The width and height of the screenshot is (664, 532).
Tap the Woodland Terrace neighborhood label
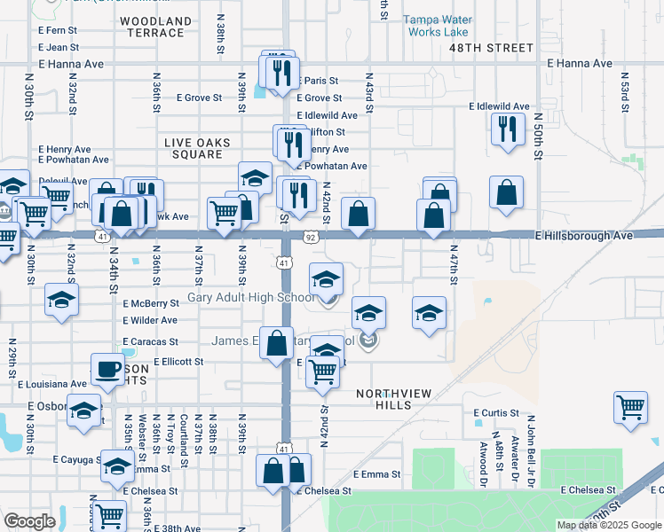point(155,27)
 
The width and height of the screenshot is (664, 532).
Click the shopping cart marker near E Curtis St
point(630,409)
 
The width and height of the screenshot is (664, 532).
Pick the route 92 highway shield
point(310,238)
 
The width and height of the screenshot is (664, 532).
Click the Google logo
point(29,521)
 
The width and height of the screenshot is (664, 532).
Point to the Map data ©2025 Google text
point(609,525)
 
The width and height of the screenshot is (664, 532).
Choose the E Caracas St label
point(150,340)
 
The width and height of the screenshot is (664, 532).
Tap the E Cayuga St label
point(79,460)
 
